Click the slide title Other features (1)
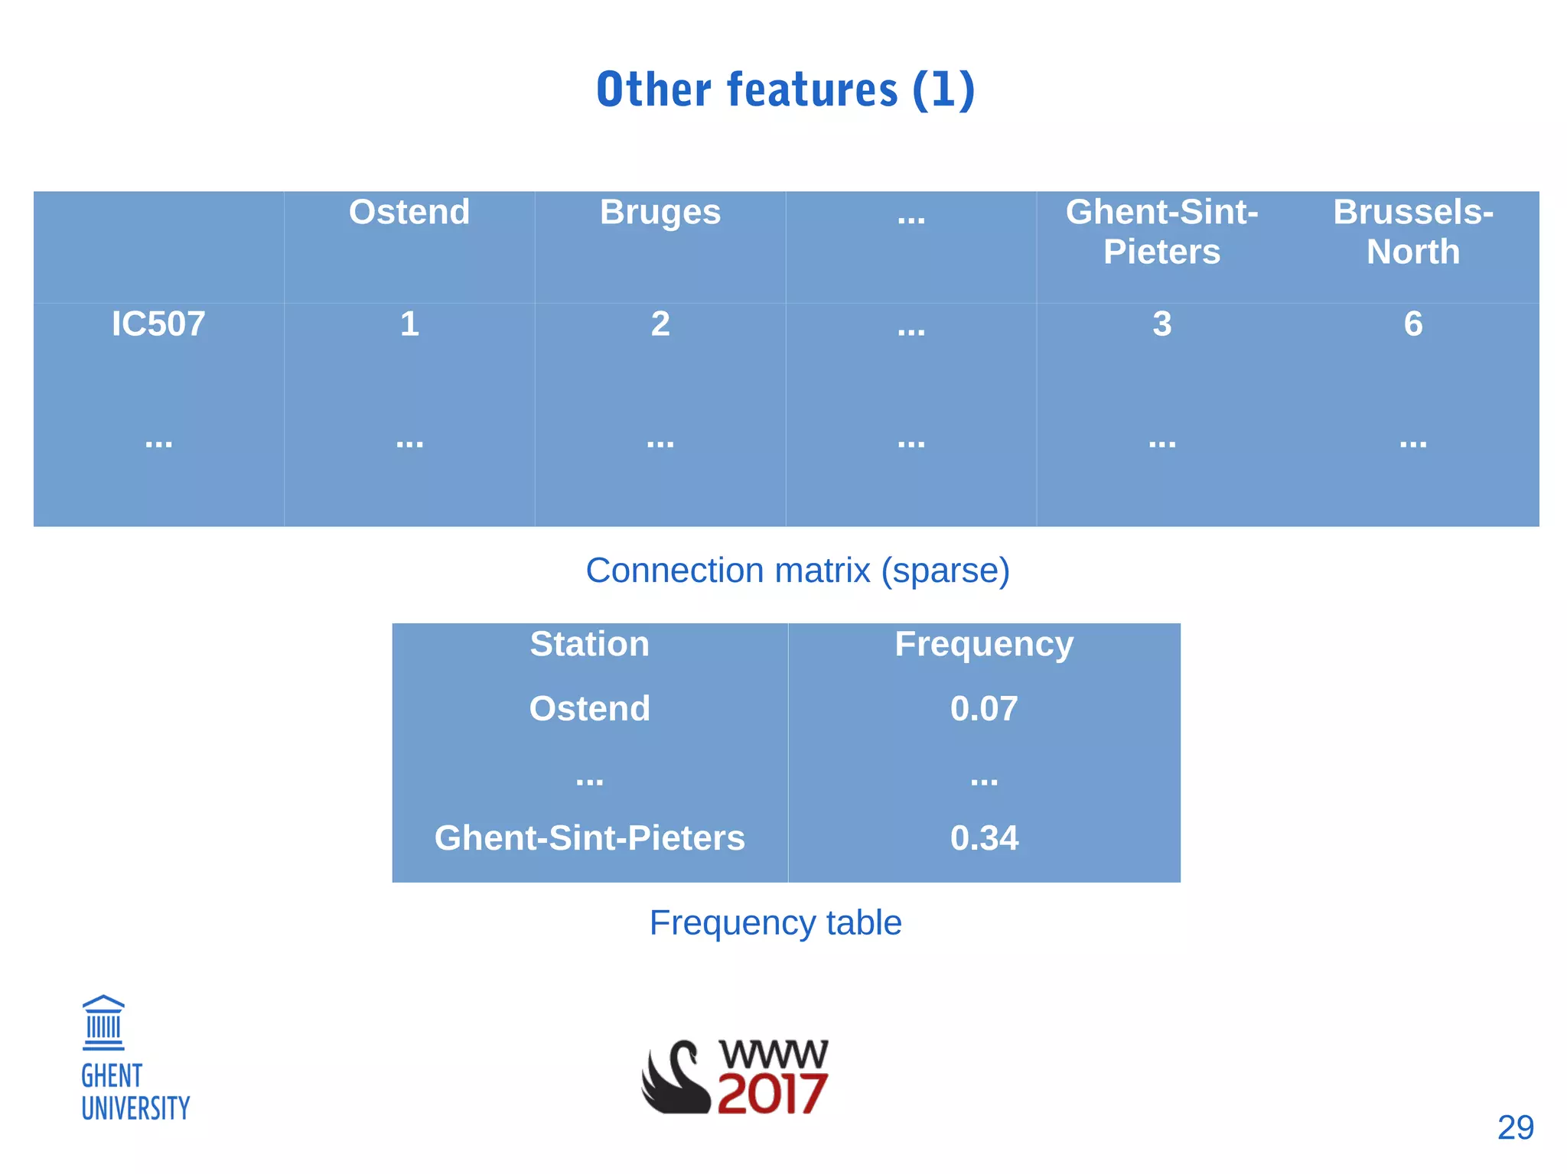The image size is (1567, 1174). (785, 89)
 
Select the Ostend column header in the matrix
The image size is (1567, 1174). (409, 213)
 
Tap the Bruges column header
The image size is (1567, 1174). (660, 213)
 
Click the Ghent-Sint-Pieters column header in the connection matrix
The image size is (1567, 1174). (1161, 232)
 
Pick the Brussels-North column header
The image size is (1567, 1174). (1412, 232)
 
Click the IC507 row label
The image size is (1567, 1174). (158, 324)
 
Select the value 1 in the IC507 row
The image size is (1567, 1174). (409, 324)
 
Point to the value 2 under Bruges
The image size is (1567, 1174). (660, 324)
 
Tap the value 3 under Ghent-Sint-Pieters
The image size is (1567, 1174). (1161, 324)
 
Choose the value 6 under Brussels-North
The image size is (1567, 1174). (1412, 324)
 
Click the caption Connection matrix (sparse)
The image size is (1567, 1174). (797, 571)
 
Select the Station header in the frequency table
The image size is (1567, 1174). (589, 644)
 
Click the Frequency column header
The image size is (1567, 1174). (984, 644)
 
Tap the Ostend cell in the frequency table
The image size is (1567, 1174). (589, 709)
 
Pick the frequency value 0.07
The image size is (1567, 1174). (984, 709)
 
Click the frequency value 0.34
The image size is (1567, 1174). (984, 838)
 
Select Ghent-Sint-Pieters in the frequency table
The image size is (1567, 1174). (589, 838)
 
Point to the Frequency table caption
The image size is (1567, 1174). (775, 923)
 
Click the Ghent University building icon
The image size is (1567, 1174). (103, 1023)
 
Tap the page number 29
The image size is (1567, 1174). (1515, 1127)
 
